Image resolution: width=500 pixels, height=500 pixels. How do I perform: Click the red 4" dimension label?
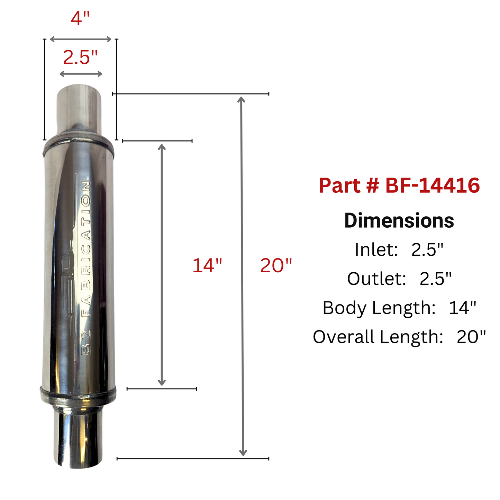[x=80, y=18]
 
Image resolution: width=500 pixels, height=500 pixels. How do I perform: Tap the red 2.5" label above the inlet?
[x=80, y=57]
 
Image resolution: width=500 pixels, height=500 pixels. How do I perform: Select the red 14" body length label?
[x=207, y=266]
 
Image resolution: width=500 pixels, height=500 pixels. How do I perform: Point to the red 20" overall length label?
[x=276, y=266]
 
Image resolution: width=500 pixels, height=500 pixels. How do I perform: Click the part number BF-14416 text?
[x=399, y=185]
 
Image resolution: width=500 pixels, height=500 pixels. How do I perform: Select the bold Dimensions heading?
[x=399, y=221]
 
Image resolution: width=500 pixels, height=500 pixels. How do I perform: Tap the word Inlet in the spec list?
[x=376, y=249]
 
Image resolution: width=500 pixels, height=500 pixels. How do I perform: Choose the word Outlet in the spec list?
[x=376, y=279]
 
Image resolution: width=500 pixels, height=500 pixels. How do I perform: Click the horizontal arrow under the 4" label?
[x=81, y=39]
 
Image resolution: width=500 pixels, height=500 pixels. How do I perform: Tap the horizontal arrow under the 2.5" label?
[x=81, y=74]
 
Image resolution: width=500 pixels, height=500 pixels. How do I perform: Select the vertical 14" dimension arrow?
[x=162, y=265]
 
